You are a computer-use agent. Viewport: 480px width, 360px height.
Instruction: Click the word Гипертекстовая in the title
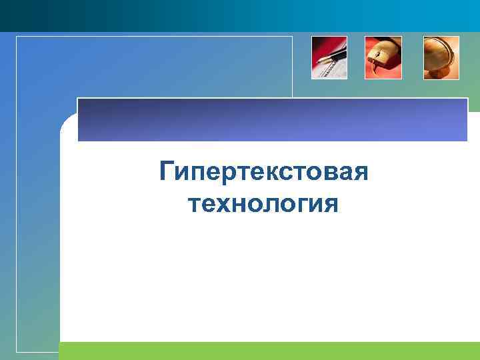pos(264,173)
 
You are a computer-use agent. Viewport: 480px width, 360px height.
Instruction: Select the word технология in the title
pos(264,203)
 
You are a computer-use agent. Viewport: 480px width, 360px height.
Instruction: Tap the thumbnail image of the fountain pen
pos(329,57)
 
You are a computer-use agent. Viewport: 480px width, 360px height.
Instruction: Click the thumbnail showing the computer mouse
pos(383,57)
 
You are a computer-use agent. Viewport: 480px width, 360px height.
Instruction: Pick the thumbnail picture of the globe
pos(441,57)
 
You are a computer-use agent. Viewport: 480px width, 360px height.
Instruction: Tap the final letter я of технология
pos(331,204)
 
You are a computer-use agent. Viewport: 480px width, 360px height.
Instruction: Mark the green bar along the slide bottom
pos(267,351)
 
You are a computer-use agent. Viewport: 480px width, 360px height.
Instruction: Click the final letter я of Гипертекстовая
pos(361,173)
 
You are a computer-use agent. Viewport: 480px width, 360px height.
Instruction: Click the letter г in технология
pos(299,204)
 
